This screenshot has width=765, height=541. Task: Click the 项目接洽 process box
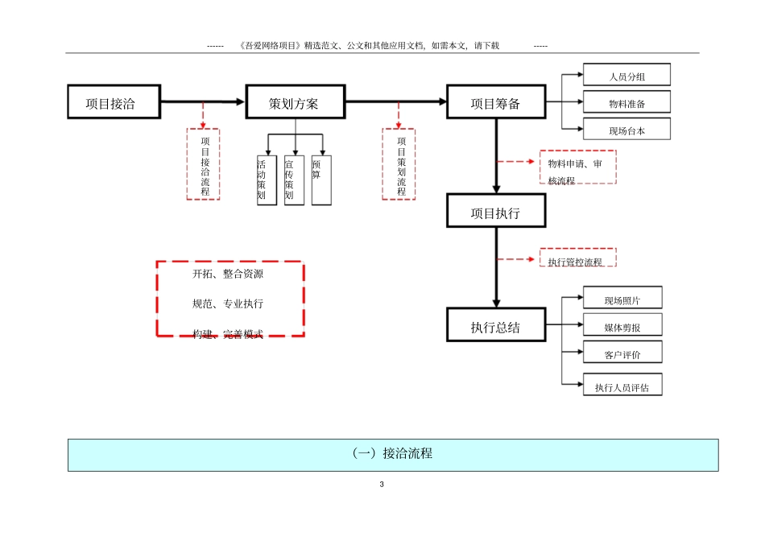(x=113, y=103)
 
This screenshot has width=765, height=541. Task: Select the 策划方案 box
(x=295, y=103)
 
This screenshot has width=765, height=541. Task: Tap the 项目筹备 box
(x=495, y=103)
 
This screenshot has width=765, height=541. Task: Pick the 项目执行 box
(x=495, y=214)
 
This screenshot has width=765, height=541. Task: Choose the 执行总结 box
(x=495, y=327)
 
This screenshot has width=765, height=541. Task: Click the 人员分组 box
(x=626, y=76)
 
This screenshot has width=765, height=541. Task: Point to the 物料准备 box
(x=626, y=102)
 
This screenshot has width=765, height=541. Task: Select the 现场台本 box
(x=626, y=129)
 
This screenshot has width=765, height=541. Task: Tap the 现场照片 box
(x=622, y=299)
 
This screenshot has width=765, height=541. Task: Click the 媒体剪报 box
(x=622, y=326)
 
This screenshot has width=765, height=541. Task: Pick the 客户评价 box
(x=622, y=353)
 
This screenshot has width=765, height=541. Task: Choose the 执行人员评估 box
(x=627, y=386)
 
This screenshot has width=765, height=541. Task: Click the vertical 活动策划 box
(x=267, y=180)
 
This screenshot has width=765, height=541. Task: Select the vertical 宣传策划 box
(x=294, y=180)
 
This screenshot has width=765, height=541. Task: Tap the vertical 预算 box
(x=321, y=180)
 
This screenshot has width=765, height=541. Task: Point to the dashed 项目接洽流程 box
(x=204, y=163)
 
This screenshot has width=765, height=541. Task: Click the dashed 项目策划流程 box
(x=399, y=163)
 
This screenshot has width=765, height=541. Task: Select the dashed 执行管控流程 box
(x=577, y=259)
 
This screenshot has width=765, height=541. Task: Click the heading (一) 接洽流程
(x=393, y=454)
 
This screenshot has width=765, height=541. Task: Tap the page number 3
(x=382, y=485)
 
